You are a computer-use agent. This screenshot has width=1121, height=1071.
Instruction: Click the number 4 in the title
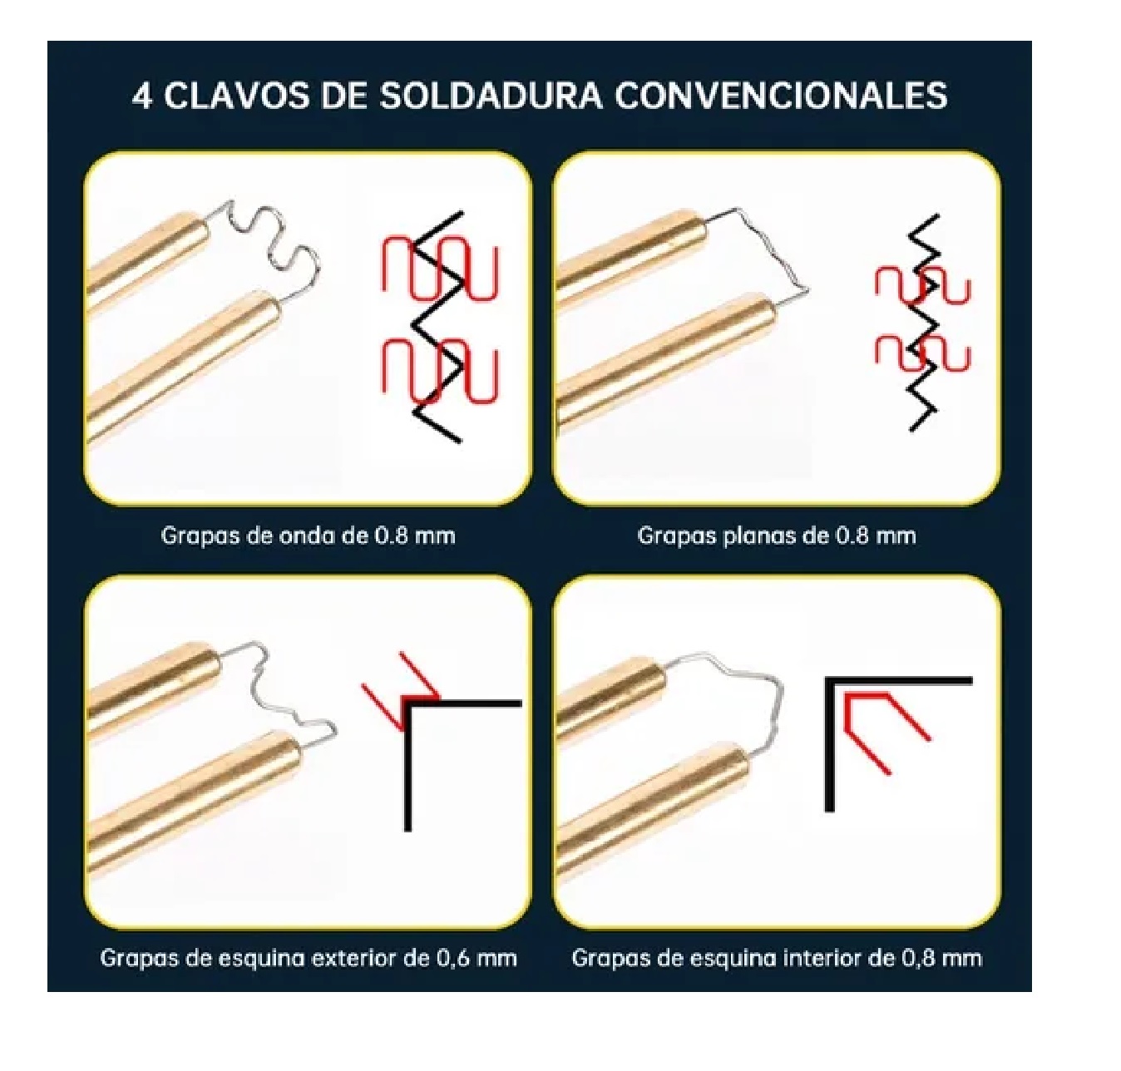pyautogui.click(x=142, y=96)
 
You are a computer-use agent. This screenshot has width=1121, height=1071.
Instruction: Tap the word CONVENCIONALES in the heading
pyautogui.click(x=781, y=96)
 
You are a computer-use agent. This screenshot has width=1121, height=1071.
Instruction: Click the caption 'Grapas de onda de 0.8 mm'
pyautogui.click(x=308, y=535)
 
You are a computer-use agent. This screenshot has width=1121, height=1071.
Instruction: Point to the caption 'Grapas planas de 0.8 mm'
pyautogui.click(x=776, y=535)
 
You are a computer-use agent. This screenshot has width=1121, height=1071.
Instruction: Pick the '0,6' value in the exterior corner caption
pyautogui.click(x=455, y=958)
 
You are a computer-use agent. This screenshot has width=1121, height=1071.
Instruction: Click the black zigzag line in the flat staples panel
pyautogui.click(x=923, y=324)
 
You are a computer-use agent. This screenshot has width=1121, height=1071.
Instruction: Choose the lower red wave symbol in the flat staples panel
pyautogui.click(x=922, y=351)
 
